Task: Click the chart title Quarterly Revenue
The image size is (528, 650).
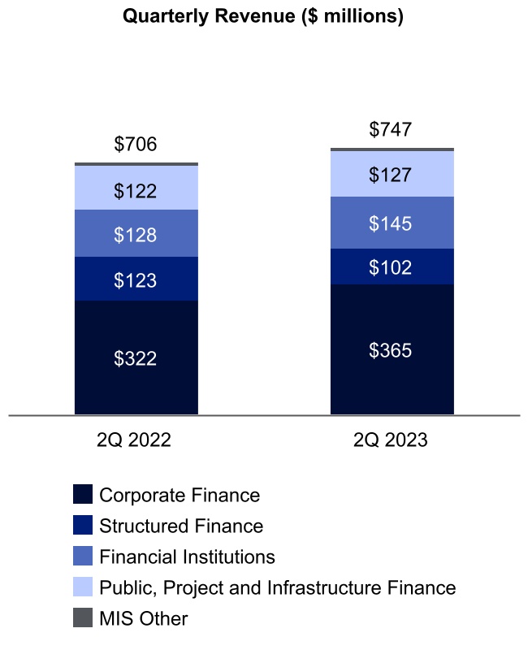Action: point(262,16)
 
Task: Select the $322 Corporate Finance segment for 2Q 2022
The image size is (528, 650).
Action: point(136,357)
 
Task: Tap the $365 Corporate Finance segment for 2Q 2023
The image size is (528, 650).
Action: point(391,350)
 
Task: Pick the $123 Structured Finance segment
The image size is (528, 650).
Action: point(136,279)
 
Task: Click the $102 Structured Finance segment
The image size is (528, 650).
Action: point(391,266)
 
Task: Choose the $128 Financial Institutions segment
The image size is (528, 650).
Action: point(136,234)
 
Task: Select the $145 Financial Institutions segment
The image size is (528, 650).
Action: point(391,223)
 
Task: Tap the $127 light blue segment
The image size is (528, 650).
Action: point(391,175)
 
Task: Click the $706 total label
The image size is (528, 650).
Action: point(136,145)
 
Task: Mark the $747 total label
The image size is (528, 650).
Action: point(391,129)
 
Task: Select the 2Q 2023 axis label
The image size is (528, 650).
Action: point(391,440)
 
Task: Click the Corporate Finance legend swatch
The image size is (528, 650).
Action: point(82,495)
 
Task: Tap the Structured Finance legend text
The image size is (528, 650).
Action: point(181,526)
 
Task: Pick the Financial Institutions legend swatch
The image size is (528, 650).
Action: point(82,557)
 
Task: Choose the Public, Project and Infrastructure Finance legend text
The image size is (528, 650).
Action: point(277,587)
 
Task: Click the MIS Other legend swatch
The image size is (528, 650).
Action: point(82,618)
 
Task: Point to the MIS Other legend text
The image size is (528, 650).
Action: point(143,618)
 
